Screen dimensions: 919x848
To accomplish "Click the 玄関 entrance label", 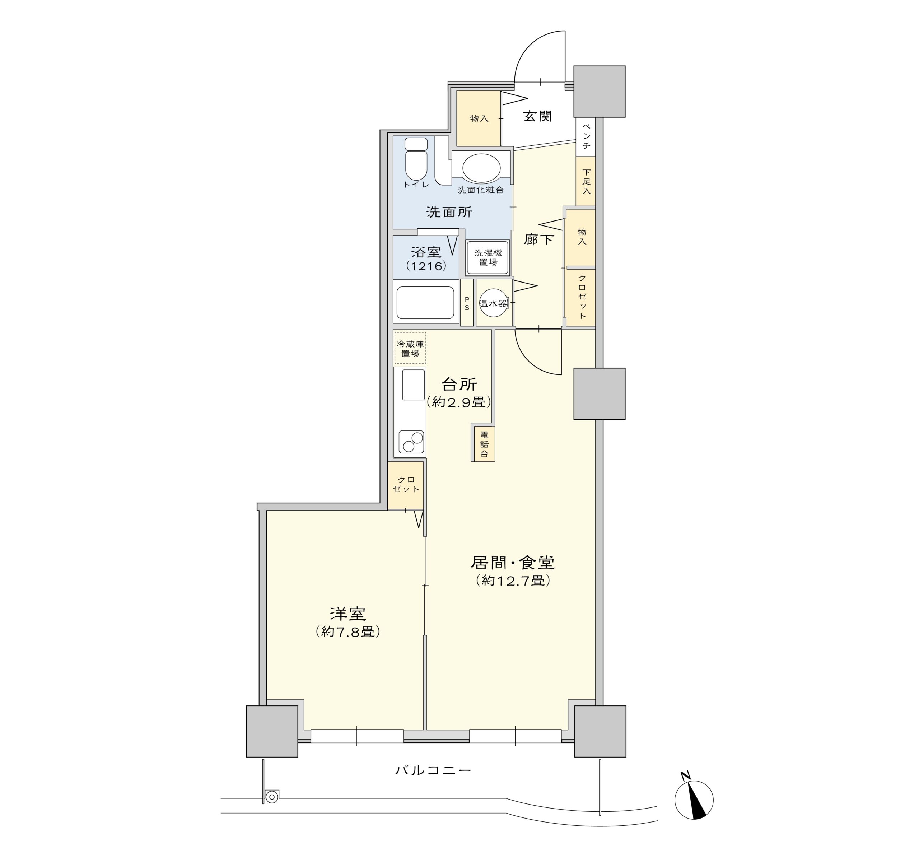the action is tap(537, 116).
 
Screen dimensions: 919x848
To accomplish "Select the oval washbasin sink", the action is tap(481, 168).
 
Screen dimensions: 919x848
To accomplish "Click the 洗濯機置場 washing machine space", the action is tap(488, 257).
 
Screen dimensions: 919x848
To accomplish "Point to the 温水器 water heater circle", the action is tap(494, 303).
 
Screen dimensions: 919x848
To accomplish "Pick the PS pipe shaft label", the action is tap(467, 303).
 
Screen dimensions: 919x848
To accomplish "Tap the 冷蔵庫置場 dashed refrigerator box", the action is tap(410, 348).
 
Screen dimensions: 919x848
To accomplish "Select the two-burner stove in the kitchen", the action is tap(411, 442).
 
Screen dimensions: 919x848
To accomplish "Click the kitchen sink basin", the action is tap(413, 385).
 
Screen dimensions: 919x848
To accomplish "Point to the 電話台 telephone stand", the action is tap(484, 444).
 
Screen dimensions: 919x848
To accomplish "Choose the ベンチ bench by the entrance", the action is tap(586, 136).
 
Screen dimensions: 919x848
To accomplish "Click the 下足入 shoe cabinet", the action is tap(586, 181).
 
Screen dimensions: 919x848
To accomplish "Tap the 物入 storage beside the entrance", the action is tap(479, 118).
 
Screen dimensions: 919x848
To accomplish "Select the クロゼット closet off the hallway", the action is tap(581, 297).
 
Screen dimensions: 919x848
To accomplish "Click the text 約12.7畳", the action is tap(513, 581).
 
